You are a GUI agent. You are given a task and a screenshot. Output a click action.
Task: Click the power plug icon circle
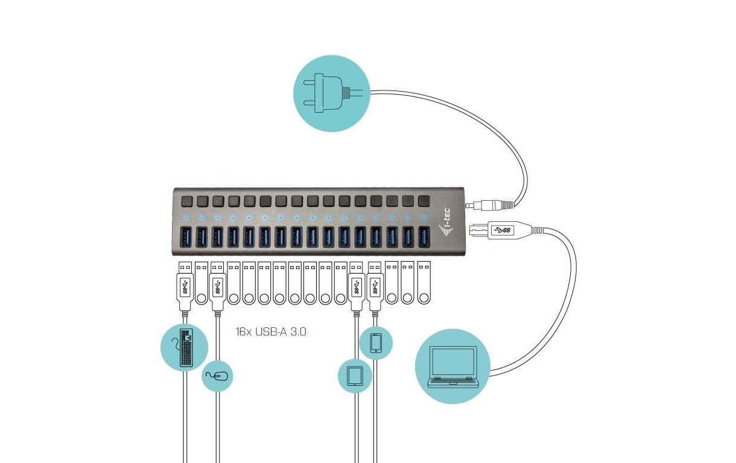click(332, 93)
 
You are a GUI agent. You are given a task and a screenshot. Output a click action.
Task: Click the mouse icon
click(217, 376)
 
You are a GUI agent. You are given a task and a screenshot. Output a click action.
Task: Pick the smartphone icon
click(376, 343)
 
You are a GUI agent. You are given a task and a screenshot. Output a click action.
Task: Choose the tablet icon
click(355, 376)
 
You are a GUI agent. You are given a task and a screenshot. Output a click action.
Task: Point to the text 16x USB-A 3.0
click(271, 332)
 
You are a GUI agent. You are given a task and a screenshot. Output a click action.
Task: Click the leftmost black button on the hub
click(186, 201)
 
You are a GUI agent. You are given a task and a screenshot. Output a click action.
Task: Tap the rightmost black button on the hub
click(424, 201)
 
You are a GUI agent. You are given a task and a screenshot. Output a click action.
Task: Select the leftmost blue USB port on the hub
click(186, 237)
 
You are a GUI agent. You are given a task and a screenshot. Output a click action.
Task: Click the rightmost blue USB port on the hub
click(424, 236)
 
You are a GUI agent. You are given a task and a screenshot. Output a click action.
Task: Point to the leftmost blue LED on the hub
click(186, 218)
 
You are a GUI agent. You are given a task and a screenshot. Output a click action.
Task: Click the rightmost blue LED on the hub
click(424, 217)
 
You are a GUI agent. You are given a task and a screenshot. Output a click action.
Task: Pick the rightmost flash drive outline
click(424, 282)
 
